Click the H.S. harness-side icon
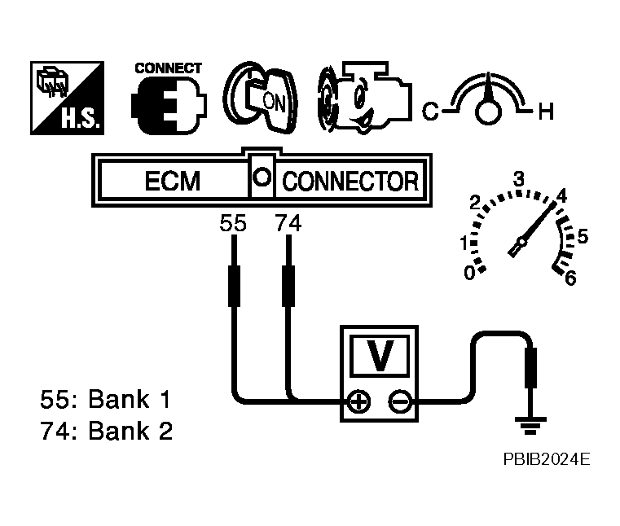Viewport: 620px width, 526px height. (x=68, y=98)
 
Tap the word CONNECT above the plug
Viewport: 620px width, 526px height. (x=169, y=68)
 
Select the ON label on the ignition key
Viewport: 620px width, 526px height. (x=274, y=102)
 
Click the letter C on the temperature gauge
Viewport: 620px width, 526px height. (x=431, y=111)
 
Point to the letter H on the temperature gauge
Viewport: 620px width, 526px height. (x=546, y=112)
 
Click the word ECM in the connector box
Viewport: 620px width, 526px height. (x=173, y=181)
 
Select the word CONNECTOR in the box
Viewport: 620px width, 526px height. (x=350, y=182)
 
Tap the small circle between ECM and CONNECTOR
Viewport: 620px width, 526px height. (x=262, y=176)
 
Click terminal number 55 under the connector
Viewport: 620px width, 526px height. (x=233, y=223)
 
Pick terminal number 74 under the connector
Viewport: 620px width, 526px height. (x=288, y=223)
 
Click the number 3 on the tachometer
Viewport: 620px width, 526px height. (x=518, y=179)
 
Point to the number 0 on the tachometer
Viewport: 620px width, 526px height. (x=469, y=273)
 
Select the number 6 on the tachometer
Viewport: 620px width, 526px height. (x=570, y=278)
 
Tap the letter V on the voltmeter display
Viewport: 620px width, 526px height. (x=380, y=355)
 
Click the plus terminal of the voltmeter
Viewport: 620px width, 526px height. (x=358, y=402)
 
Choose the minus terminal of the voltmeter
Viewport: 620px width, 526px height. (x=401, y=402)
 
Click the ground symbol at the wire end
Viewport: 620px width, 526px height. (x=530, y=425)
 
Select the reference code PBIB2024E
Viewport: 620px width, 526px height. (x=547, y=459)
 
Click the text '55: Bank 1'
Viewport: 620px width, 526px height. (x=106, y=399)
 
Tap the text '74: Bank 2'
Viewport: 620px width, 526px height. (x=107, y=431)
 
